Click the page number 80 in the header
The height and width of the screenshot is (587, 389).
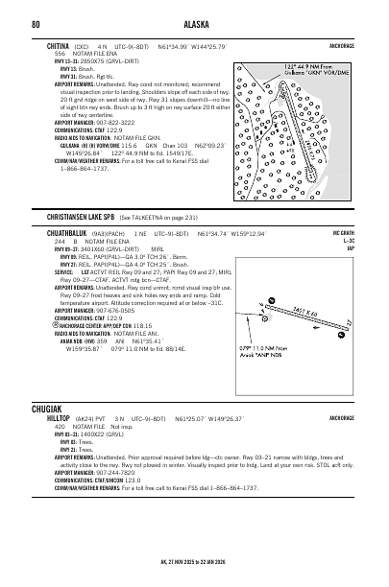tap(36, 22)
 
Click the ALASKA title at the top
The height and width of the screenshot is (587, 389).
tap(194, 22)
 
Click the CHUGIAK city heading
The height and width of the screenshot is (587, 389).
tap(48, 408)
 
